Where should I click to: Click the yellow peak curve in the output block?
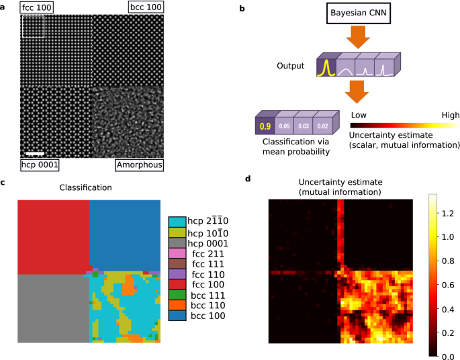point(326,67)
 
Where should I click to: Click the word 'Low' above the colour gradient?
point(358,115)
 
